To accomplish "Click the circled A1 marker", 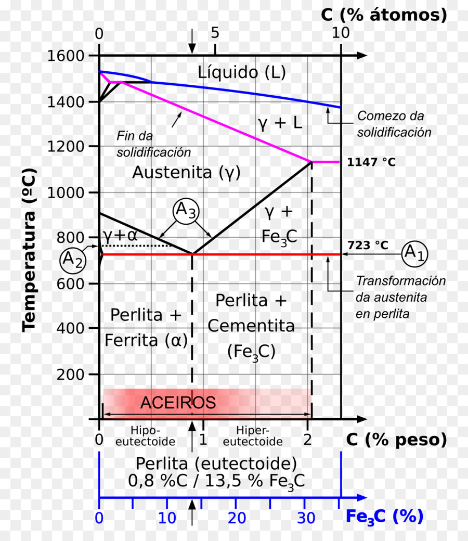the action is [414, 254].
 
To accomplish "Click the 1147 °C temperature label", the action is [371, 162].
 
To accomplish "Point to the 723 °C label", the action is [368, 245].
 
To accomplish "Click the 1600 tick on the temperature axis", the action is [66, 56].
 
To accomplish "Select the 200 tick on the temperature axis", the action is [70, 374].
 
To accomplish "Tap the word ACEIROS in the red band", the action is [178, 403].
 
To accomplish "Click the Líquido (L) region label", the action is [242, 72].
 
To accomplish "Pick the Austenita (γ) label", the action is [186, 172].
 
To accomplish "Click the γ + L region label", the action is [280, 123].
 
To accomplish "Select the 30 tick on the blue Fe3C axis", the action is [306, 518].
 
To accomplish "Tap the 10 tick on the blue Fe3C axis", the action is [167, 518].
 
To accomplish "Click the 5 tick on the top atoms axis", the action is [215, 33].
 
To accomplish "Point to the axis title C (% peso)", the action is [396, 440].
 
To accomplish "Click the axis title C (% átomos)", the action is [384, 15].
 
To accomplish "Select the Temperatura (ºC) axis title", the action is [29, 251].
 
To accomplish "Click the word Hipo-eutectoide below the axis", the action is [145, 436].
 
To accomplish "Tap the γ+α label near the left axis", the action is [120, 236].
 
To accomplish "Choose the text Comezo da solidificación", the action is [394, 124].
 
